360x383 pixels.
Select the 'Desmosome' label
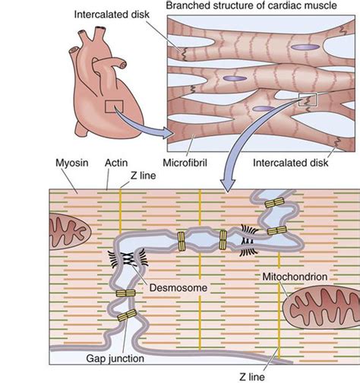(x=166, y=290)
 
